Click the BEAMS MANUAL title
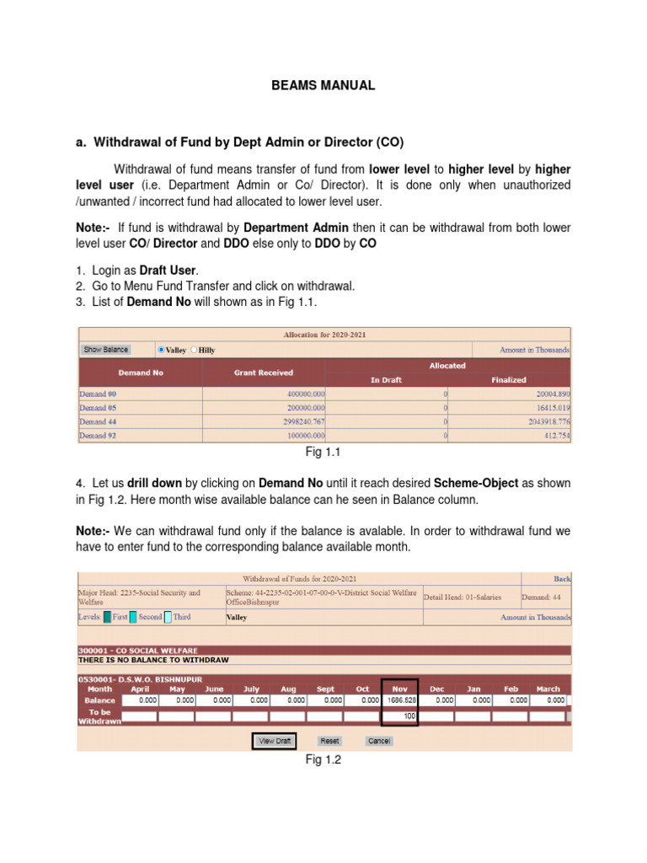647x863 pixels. click(323, 85)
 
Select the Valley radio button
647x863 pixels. click(161, 350)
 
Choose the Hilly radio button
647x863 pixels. click(194, 350)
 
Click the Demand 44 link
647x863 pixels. click(93, 421)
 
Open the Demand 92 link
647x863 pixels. click(93, 436)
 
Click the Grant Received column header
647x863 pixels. click(264, 373)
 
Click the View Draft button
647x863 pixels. click(274, 741)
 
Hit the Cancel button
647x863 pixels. click(378, 741)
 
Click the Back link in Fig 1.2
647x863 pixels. click(562, 579)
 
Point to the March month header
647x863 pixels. click(548, 689)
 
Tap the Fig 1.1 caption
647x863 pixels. click(323, 453)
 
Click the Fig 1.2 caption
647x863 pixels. click(323, 760)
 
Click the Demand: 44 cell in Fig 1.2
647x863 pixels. click(545, 597)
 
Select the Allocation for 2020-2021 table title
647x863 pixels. click(323, 335)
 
